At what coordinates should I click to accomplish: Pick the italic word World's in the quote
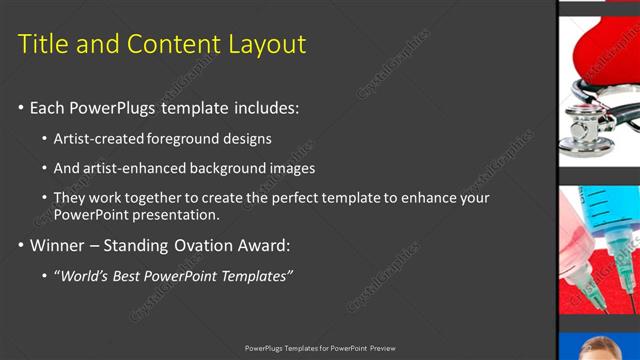(x=90, y=275)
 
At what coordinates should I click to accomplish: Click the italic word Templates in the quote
(x=255, y=275)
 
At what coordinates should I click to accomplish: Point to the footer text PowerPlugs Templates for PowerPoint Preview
(x=320, y=348)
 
